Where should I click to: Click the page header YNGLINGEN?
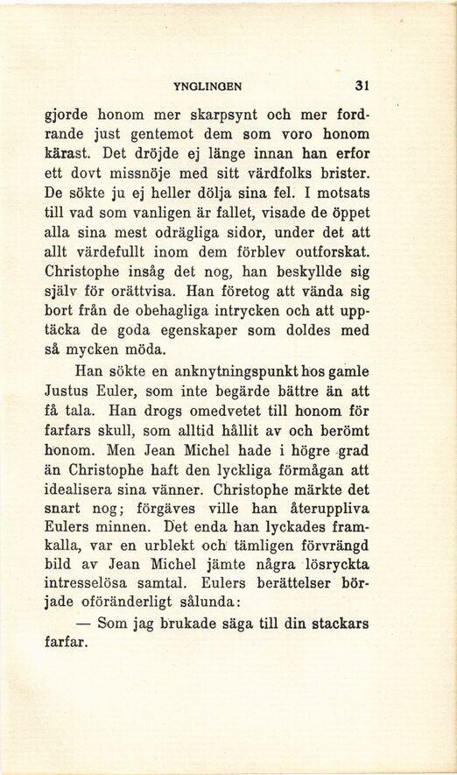[x=207, y=86]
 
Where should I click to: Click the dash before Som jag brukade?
[x=85, y=624]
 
